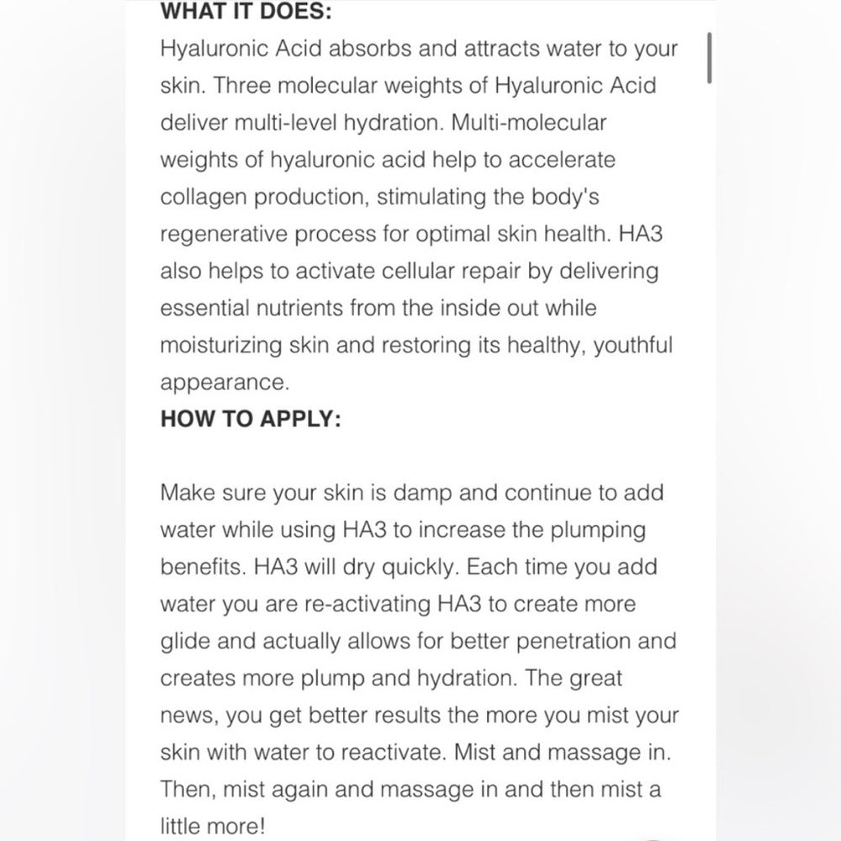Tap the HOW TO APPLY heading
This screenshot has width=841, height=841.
pos(251,419)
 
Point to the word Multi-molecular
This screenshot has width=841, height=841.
pos(529,122)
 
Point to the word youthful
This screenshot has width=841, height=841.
pos(632,345)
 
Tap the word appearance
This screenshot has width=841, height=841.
pos(225,383)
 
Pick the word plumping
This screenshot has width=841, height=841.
pos(598,530)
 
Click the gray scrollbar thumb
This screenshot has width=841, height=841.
pos(711,59)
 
